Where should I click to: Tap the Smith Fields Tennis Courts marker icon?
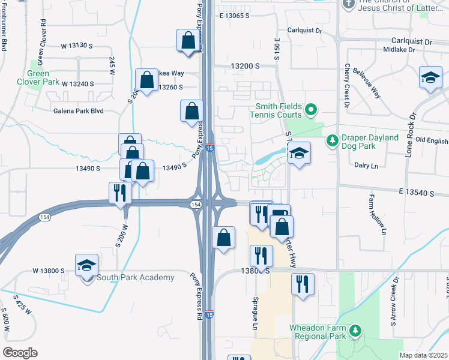click(310, 110)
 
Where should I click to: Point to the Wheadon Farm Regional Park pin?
click(356, 331)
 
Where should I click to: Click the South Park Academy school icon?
click(87, 265)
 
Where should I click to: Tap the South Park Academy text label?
click(136, 277)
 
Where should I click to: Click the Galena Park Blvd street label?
click(79, 111)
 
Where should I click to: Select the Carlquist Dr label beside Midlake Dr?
click(411, 42)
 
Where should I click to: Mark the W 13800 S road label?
click(49, 271)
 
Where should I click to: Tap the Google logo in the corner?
click(19, 353)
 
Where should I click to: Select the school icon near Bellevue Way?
click(430, 79)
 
